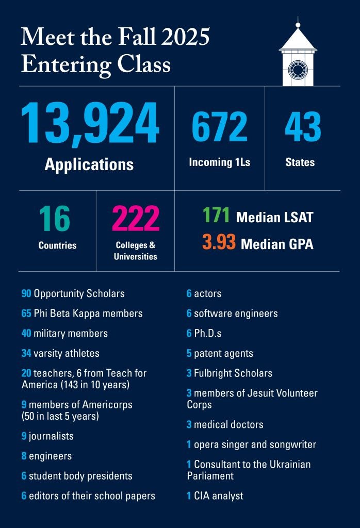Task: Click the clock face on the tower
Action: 298,69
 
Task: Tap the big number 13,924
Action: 90,124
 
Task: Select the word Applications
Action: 89,164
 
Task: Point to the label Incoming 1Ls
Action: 220,162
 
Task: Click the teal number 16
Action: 55,219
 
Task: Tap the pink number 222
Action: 136,219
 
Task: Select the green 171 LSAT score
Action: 216,216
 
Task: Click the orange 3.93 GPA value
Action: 219,242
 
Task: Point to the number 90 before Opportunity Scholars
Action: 26,293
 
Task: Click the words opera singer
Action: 222,444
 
